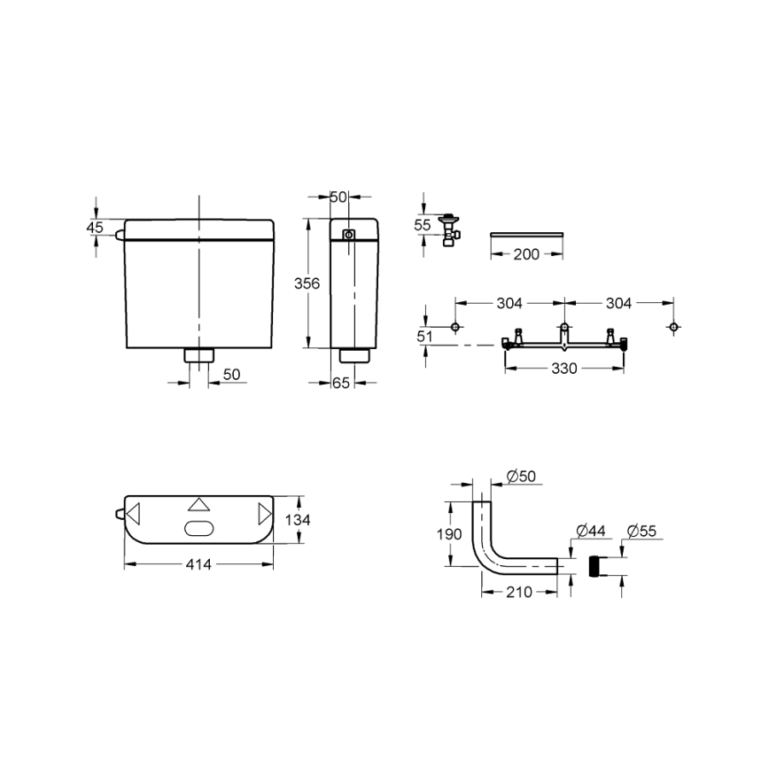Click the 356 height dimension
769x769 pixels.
tap(307, 283)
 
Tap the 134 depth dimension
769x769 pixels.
tap(299, 520)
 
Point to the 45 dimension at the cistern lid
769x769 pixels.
tap(95, 228)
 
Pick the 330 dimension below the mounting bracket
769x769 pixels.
tap(564, 368)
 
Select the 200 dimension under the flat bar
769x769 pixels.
tap(526, 254)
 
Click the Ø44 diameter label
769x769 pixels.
tap(590, 531)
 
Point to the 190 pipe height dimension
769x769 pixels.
tap(448, 534)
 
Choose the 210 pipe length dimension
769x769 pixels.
tap(519, 592)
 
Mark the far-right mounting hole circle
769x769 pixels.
tap(674, 328)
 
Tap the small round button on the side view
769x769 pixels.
tap(348, 235)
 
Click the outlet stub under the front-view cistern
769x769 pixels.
tap(200, 356)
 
